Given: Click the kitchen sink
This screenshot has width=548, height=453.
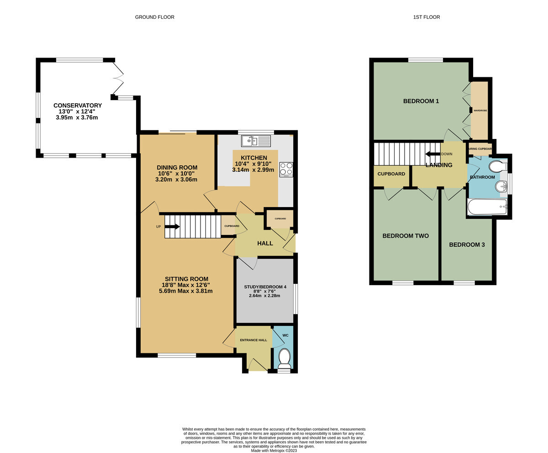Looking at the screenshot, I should (256, 141).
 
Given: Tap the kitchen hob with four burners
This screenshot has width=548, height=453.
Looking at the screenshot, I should (286, 170).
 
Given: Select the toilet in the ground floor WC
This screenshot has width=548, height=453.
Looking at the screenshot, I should (284, 358).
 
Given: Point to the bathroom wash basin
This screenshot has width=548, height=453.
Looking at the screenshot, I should (501, 187).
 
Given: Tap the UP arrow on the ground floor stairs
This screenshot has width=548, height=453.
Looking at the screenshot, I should (172, 226).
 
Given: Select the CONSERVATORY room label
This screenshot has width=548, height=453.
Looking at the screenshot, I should (77, 106).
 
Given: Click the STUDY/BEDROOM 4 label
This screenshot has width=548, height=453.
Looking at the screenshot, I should (265, 287).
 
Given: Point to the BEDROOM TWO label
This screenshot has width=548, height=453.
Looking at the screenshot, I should (406, 236).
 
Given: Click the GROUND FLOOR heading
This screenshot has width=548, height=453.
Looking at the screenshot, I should (154, 17).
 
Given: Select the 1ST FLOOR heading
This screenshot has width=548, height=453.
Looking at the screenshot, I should (426, 17).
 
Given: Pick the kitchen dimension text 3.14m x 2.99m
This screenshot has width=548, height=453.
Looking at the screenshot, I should (253, 170).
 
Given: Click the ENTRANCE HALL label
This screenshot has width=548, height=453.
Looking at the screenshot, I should (253, 340).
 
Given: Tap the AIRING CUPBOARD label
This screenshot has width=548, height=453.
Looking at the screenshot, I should (480, 149).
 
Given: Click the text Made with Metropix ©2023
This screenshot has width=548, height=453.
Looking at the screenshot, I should (274, 451).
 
